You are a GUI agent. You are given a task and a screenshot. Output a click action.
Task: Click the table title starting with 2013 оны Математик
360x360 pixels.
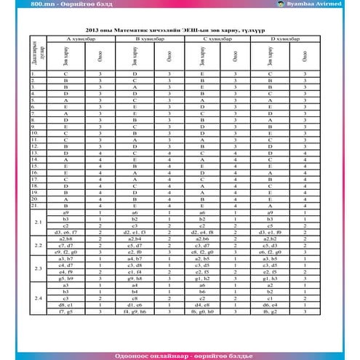click(180, 31)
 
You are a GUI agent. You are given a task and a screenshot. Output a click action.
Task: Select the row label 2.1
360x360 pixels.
click(38, 222)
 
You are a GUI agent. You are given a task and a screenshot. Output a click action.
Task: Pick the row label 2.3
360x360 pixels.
click(38, 268)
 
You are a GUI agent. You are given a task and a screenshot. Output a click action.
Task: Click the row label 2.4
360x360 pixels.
click(38, 297)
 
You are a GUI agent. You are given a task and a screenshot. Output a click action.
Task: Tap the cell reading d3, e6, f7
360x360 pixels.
click(65, 232)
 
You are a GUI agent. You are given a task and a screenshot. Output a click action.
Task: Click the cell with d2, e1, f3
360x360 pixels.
click(135, 232)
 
